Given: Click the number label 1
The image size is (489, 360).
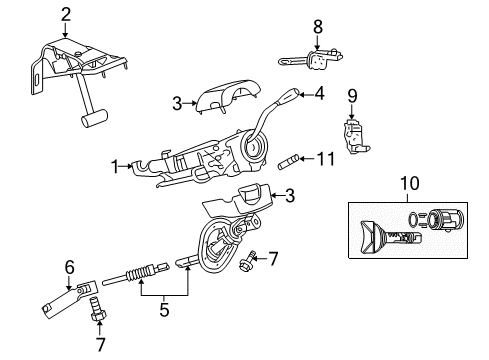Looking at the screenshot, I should click(x=116, y=166).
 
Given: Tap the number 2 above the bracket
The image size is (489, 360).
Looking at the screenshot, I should click(x=65, y=13).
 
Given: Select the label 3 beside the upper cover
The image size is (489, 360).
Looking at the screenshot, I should click(x=175, y=103).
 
